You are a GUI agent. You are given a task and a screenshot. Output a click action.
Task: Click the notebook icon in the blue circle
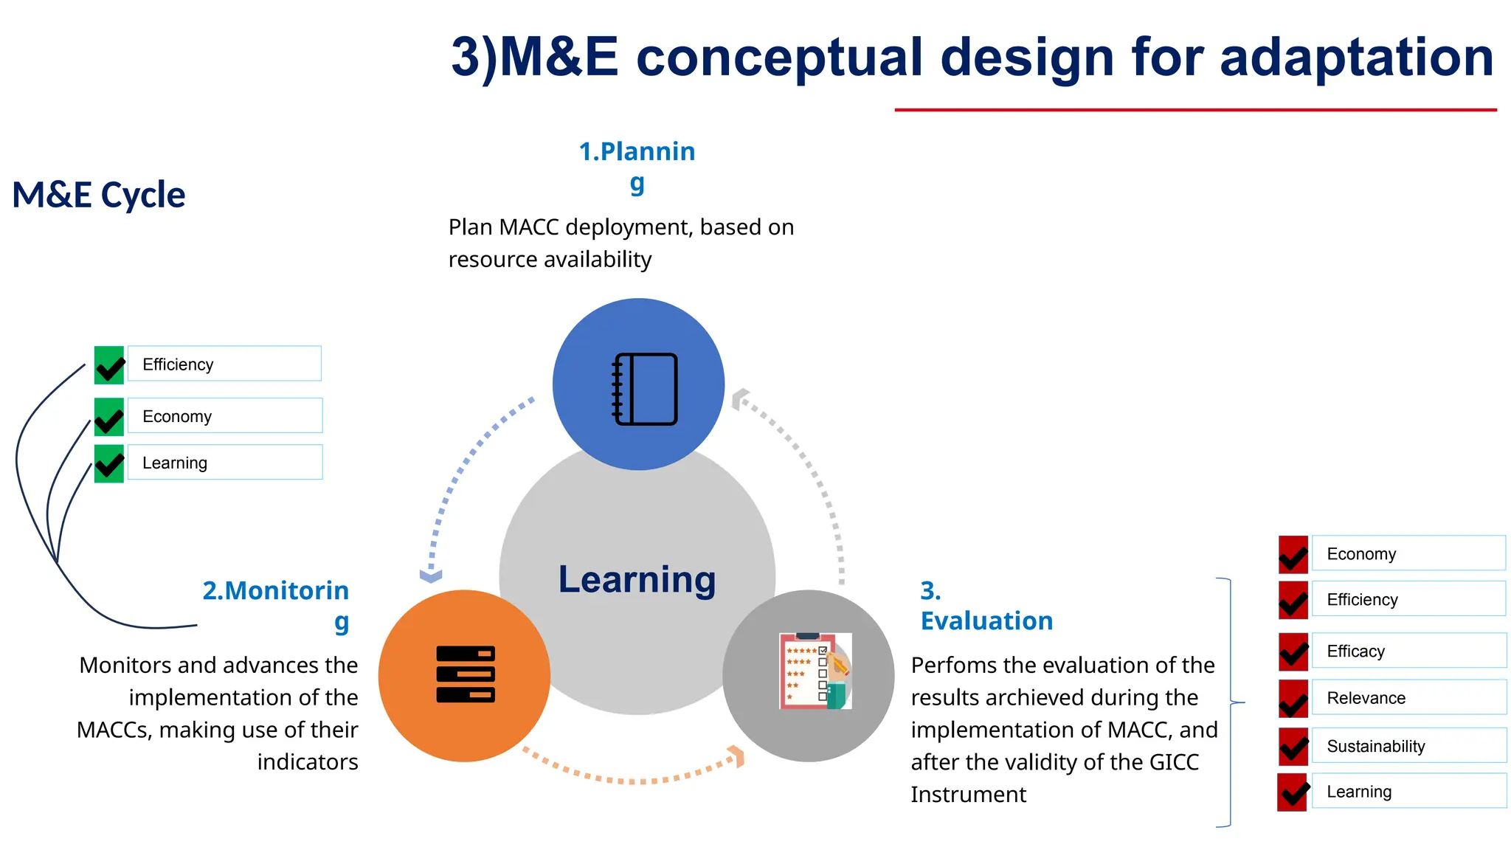[645, 389]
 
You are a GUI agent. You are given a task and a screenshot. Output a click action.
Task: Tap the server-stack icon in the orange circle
[466, 674]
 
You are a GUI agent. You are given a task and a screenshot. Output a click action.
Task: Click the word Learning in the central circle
[637, 579]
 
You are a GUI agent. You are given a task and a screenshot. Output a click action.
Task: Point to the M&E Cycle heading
[99, 196]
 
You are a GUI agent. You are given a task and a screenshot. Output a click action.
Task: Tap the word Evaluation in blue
[986, 621]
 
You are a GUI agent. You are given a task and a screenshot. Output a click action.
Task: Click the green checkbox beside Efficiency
[109, 365]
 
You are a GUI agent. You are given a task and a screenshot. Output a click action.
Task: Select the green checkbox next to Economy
[109, 417]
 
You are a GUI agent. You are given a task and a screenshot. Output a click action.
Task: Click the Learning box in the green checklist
[224, 463]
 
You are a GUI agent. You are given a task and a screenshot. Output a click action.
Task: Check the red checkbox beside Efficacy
[1293, 652]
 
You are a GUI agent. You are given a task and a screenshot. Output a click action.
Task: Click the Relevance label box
[1408, 698]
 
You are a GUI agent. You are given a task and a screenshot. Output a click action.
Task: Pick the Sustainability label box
[1408, 746]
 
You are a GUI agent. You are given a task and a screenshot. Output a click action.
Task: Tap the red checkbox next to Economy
[1293, 555]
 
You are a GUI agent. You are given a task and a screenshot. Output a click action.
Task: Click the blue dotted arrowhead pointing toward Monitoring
[431, 576]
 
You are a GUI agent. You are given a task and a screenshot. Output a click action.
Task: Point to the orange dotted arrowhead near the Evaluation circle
[736, 756]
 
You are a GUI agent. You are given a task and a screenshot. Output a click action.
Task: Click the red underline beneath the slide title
[1195, 110]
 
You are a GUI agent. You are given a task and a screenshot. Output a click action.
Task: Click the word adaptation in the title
[1357, 58]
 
